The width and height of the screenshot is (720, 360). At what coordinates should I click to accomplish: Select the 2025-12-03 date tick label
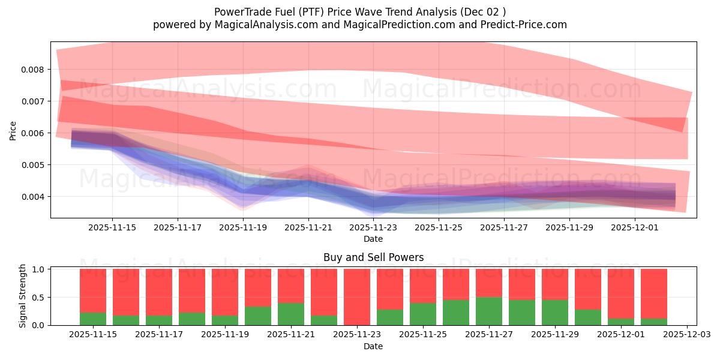point(686,334)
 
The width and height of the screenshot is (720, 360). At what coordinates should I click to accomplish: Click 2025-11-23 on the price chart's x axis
point(373,228)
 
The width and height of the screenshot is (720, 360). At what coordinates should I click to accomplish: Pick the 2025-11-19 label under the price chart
point(242,228)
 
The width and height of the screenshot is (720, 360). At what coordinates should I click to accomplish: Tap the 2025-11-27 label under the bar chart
point(489,334)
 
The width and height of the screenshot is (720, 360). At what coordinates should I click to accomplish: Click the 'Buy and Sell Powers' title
point(373,257)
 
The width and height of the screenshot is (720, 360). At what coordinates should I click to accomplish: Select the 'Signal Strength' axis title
point(23,296)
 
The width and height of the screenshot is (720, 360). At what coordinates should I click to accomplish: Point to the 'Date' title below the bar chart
point(373,346)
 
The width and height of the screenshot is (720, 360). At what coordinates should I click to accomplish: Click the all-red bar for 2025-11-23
point(357,297)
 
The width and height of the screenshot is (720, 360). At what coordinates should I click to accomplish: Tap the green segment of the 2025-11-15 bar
point(93,319)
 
